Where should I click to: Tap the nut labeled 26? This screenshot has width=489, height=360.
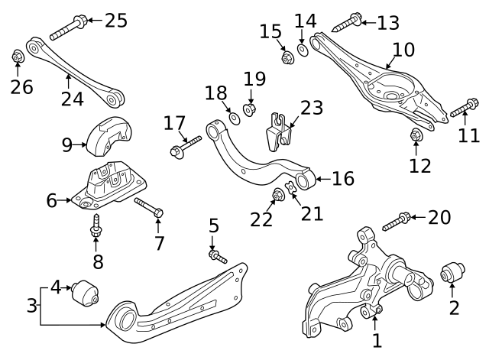click(x=18, y=57)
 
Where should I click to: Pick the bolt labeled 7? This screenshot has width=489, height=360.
click(x=148, y=206)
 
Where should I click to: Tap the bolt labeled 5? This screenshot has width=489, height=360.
click(x=217, y=256)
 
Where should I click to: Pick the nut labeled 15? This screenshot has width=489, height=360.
click(x=287, y=57)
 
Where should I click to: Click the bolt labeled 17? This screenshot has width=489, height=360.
click(x=185, y=145)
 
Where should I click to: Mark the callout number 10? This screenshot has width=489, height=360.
click(x=403, y=51)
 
